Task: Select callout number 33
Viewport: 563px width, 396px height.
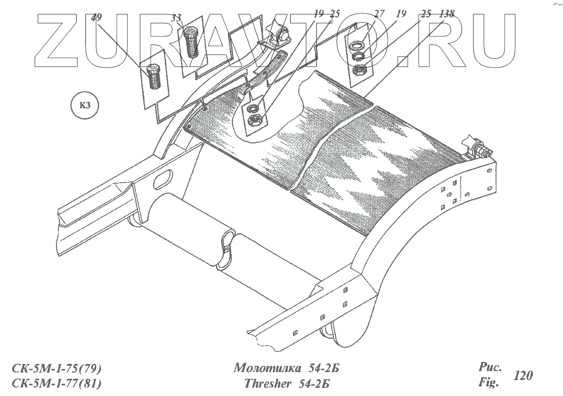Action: click(177, 18)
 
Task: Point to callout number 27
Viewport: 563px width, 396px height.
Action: click(380, 14)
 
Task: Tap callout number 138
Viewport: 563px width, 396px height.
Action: click(447, 14)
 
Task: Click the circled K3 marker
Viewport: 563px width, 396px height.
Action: click(85, 106)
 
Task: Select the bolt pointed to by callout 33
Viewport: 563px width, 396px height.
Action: click(192, 43)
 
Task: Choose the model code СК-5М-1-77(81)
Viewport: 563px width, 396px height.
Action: click(56, 384)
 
